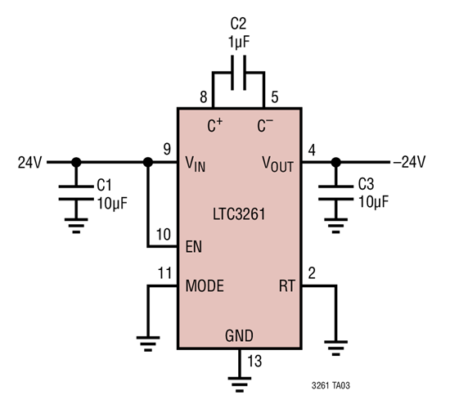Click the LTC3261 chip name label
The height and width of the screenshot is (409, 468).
pos(237,213)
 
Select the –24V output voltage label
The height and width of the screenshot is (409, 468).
pos(409,162)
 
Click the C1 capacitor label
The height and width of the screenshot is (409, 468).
pos(108,185)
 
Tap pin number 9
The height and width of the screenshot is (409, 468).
pos(166,149)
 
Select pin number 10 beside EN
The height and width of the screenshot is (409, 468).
pos(164,234)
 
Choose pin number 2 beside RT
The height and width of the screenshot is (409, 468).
pos(312,273)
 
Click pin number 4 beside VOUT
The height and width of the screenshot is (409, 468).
pos(312,149)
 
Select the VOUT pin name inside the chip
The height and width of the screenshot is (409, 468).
pos(277,162)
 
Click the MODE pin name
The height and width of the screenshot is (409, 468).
pos(205,286)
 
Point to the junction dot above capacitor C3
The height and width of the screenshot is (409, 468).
pos(335,162)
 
